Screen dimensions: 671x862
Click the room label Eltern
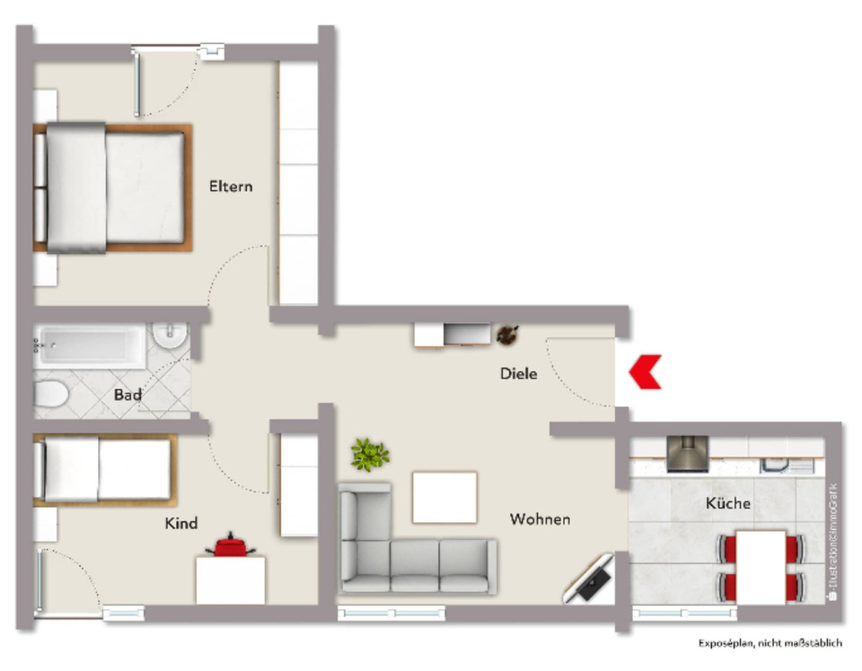click(231, 187)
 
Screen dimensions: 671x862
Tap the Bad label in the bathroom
click(128, 394)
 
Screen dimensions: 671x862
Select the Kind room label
click(180, 523)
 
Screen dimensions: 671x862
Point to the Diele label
click(519, 373)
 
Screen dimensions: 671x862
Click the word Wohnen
click(540, 518)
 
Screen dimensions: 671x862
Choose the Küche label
click(727, 503)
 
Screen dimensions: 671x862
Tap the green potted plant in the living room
click(369, 455)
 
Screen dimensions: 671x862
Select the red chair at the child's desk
click(232, 545)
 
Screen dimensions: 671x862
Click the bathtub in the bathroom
click(90, 345)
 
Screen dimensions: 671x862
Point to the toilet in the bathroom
click(51, 394)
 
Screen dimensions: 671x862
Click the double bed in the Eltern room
click(113, 187)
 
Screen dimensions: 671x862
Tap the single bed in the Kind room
click(102, 470)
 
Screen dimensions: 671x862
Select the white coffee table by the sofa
click(444, 497)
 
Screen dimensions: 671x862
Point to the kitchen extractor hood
click(688, 454)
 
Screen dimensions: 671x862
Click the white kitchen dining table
click(760, 566)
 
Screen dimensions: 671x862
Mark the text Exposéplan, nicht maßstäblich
click(770, 643)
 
